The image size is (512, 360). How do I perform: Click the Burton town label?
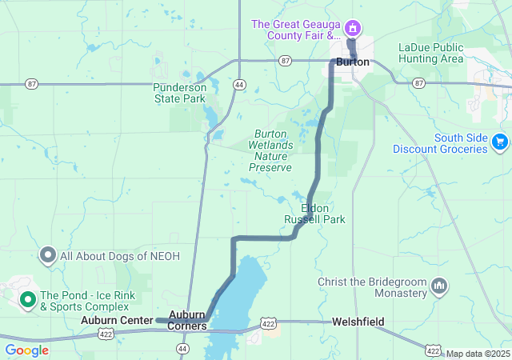[x=353, y=62]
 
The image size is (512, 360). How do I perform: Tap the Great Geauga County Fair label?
[x=296, y=30]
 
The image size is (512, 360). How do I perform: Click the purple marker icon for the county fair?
[x=352, y=30]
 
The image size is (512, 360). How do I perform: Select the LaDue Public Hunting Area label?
[x=430, y=53]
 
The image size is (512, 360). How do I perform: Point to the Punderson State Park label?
[x=180, y=93]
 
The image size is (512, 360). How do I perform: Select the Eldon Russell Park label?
[x=315, y=214]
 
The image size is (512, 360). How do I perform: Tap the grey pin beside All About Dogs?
[x=48, y=256]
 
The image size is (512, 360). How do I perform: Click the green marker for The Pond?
[x=27, y=300]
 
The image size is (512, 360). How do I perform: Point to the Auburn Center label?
[x=117, y=320]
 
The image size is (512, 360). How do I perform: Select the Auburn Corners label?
[x=187, y=321]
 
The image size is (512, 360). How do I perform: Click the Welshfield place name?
[x=358, y=322]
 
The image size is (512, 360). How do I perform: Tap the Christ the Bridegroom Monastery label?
[x=372, y=287]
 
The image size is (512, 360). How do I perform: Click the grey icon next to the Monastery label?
[x=438, y=286]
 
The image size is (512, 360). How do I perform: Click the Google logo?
[x=26, y=350]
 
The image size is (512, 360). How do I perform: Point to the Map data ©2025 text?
[x=477, y=354]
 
